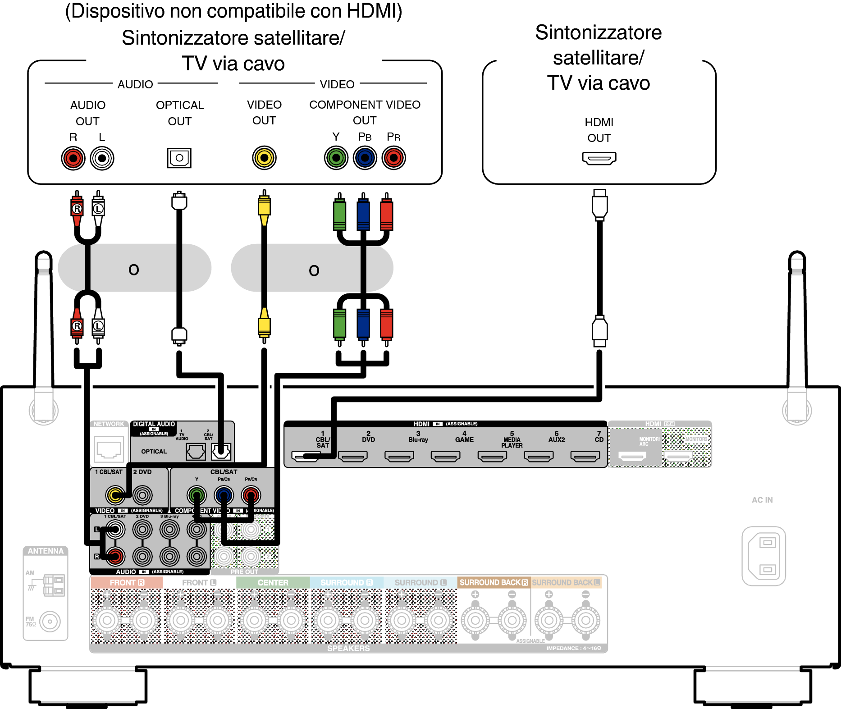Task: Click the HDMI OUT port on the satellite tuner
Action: (599, 158)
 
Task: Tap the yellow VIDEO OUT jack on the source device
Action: (264, 158)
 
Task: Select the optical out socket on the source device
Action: (179, 158)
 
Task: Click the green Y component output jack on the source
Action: (336, 158)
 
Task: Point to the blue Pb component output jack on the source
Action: (365, 158)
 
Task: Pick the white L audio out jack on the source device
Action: (102, 158)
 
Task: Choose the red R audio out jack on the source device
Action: (73, 158)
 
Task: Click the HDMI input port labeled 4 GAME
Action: (445, 457)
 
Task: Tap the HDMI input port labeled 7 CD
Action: (585, 457)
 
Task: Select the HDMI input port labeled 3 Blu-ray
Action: (399, 457)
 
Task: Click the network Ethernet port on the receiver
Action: (109, 449)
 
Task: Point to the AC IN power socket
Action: (764, 556)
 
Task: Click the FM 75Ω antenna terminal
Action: (50, 622)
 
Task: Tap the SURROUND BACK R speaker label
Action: (494, 582)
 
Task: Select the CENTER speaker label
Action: (273, 582)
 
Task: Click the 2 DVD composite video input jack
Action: (142, 495)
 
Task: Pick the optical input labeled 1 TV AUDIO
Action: (196, 451)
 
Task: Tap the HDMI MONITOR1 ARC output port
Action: (632, 457)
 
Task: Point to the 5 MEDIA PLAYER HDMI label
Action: (512, 439)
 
